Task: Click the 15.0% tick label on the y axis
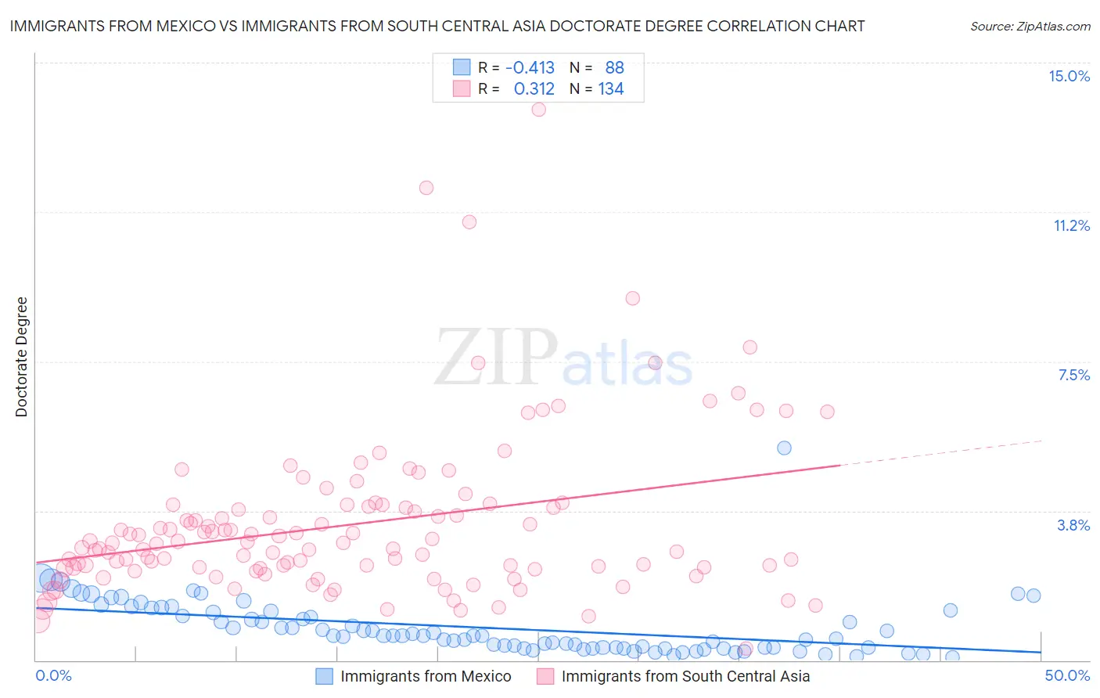(x=1069, y=76)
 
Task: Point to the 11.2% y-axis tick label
(x=1071, y=225)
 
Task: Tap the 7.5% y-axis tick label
(x=1073, y=375)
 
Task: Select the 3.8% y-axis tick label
(x=1073, y=525)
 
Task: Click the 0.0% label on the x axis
(x=53, y=675)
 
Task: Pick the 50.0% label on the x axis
(x=1067, y=675)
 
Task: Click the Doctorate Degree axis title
(x=21, y=357)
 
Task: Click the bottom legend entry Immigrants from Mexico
(x=425, y=676)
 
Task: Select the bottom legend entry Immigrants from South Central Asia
(x=685, y=676)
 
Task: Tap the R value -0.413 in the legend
(x=530, y=68)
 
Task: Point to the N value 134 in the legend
(x=611, y=89)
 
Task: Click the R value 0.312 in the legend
(x=534, y=89)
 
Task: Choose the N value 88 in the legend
(x=614, y=68)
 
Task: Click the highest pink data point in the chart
(x=538, y=110)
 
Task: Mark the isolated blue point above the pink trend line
(x=784, y=448)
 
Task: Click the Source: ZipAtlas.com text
(x=1030, y=27)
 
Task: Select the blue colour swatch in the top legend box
(x=462, y=67)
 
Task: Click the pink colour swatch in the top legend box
(x=462, y=88)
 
